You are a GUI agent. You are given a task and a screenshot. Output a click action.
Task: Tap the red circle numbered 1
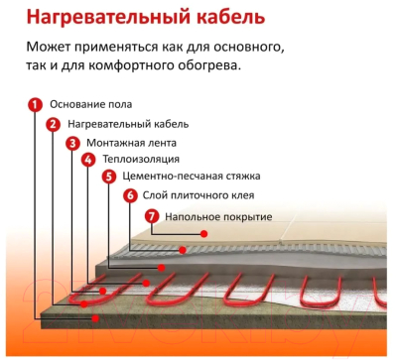[x=35, y=104]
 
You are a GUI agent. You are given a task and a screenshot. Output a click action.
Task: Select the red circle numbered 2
[x=54, y=124]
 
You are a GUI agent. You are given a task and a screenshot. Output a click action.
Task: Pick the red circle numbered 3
[x=72, y=143]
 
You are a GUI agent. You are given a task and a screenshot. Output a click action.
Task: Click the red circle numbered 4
[x=89, y=160]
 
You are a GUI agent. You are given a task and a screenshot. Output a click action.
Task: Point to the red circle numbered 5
[x=109, y=177]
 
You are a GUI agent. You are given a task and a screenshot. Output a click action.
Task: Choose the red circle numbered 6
[x=129, y=195]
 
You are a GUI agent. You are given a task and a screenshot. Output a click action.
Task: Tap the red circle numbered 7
[x=151, y=215]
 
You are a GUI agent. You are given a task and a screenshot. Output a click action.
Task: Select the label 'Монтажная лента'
[x=129, y=143]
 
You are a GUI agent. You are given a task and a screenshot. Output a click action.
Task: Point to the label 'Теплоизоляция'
[x=140, y=160]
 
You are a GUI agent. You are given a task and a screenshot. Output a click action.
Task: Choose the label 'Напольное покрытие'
[x=211, y=215]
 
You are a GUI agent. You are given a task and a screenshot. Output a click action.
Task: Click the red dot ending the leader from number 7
[x=203, y=234]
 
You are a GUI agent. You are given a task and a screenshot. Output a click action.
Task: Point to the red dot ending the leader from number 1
[x=95, y=319]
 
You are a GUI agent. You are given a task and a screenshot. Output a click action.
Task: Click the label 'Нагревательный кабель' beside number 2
[x=128, y=124]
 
